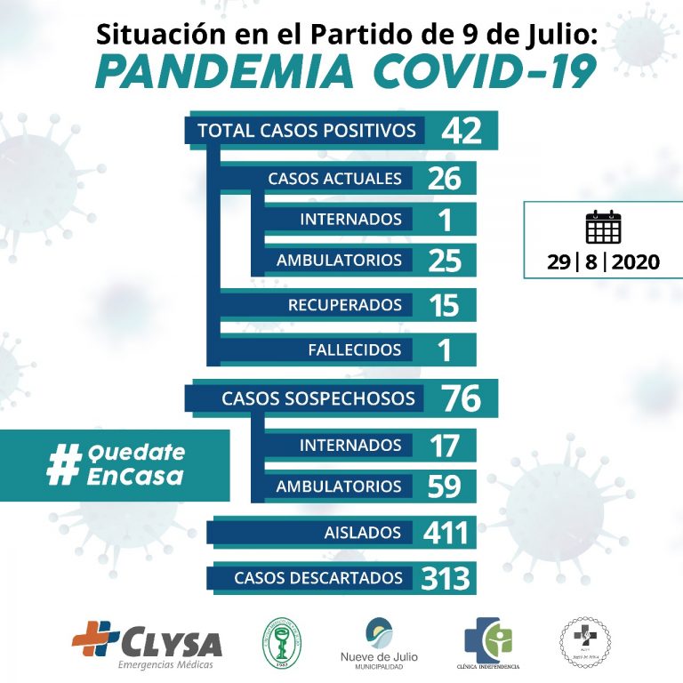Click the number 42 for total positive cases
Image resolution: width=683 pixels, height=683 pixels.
pyautogui.click(x=461, y=131)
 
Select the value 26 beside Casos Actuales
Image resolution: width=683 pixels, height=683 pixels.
pyautogui.click(x=443, y=179)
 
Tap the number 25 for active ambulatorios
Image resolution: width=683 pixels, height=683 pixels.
pyautogui.click(x=443, y=261)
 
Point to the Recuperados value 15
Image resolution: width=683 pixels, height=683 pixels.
pyautogui.click(x=443, y=305)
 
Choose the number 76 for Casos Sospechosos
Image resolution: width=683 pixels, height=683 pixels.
pyautogui.click(x=461, y=398)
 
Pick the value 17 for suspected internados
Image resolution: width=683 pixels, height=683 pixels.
pyautogui.click(x=443, y=445)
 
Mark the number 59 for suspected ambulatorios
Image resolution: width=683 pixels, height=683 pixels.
pyautogui.click(x=443, y=486)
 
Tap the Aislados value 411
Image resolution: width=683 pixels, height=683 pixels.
pyautogui.click(x=446, y=533)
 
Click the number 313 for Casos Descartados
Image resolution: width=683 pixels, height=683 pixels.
pyautogui.click(x=446, y=578)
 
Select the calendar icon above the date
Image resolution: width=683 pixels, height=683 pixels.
pyautogui.click(x=603, y=228)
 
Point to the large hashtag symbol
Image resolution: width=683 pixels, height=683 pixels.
pyautogui.click(x=63, y=464)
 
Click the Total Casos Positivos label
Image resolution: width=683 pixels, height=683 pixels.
pyautogui.click(x=307, y=131)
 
